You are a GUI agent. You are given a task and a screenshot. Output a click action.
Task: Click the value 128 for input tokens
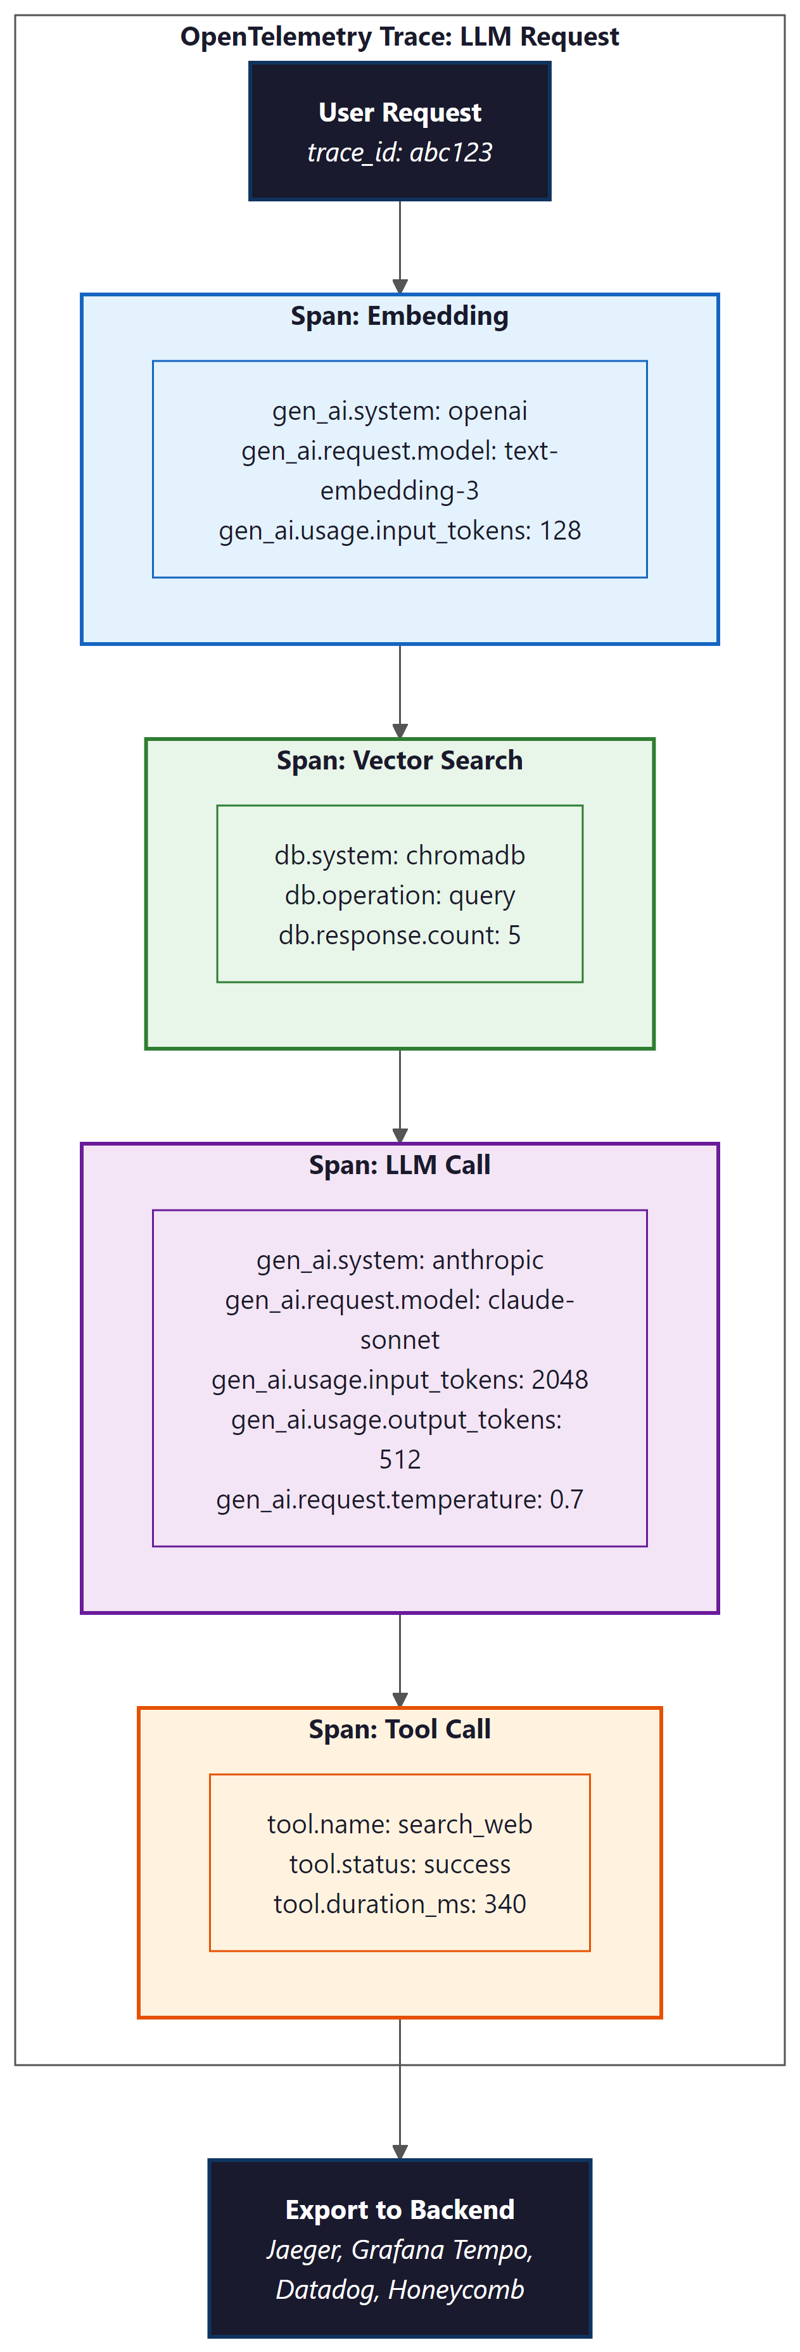click(560, 531)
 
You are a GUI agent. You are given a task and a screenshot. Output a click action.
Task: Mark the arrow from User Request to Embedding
click(400, 246)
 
